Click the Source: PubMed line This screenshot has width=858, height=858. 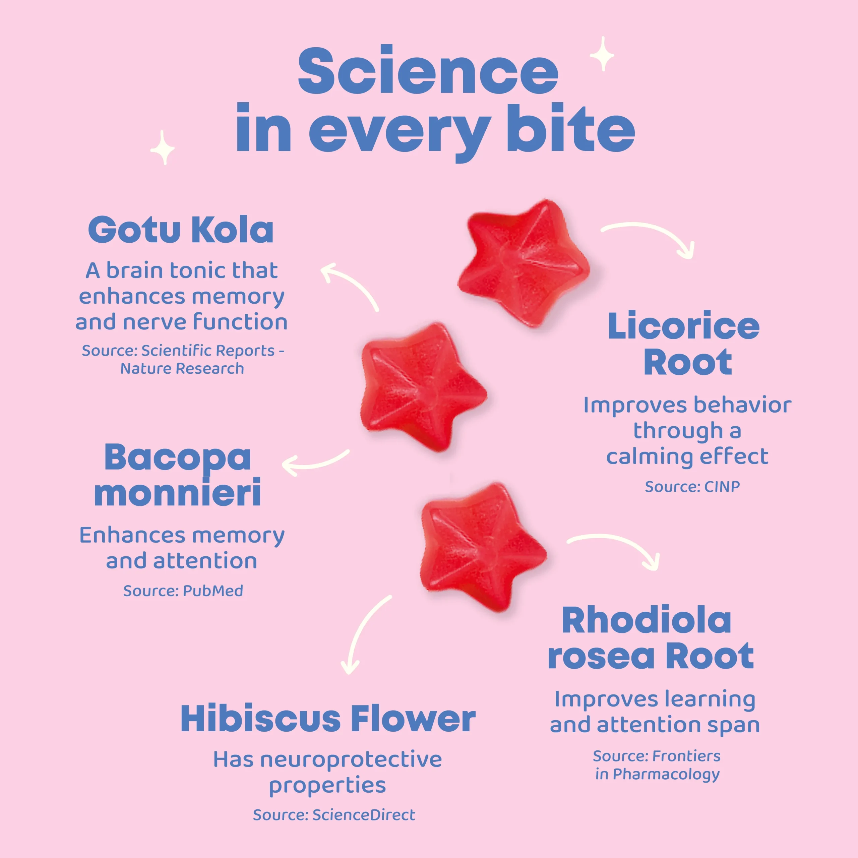click(183, 591)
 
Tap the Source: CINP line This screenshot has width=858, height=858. click(692, 486)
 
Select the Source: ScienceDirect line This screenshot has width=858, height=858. click(334, 815)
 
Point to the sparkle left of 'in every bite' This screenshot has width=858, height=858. click(163, 148)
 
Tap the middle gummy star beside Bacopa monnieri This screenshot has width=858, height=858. click(424, 387)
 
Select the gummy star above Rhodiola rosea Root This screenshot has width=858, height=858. click(483, 547)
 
